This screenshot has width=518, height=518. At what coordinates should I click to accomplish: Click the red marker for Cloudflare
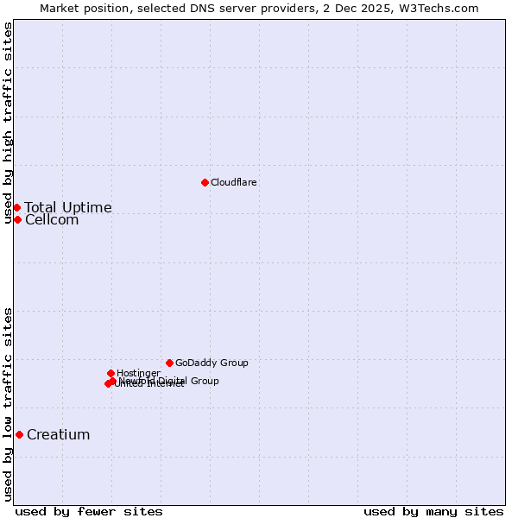(205, 182)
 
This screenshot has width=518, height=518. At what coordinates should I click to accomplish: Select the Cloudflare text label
(233, 182)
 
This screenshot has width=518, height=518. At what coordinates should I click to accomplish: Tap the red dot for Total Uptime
(16, 207)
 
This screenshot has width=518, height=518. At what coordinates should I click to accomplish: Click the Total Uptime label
(68, 207)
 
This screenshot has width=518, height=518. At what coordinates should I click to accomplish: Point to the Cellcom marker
(17, 219)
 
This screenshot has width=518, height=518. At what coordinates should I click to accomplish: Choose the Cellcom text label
(52, 220)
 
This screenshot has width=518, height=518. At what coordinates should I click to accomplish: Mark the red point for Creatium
(19, 434)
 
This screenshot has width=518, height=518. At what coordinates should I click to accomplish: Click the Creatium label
(59, 434)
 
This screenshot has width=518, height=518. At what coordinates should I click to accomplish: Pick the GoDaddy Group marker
(169, 363)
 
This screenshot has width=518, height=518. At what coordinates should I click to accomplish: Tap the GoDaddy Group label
(212, 363)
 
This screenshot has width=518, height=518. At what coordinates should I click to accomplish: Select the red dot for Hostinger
(111, 373)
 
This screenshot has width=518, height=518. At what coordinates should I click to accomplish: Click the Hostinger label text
(138, 373)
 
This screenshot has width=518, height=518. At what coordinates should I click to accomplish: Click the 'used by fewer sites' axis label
(89, 511)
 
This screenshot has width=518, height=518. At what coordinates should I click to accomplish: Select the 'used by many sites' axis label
(433, 511)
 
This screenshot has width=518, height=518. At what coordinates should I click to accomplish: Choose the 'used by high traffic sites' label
(9, 123)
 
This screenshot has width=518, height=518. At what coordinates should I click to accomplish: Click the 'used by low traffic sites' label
(9, 404)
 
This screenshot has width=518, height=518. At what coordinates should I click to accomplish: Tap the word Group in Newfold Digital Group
(204, 381)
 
